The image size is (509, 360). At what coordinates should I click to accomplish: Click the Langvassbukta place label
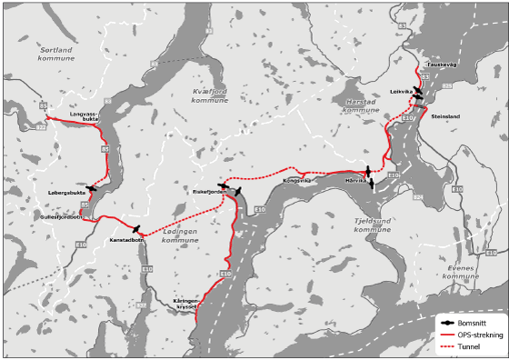pos(84,115)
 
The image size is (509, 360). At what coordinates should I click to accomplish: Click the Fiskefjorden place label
pos(209,192)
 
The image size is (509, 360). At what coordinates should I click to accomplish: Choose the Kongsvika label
pos(296,180)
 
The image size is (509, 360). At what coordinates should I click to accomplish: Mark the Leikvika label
pos(401,92)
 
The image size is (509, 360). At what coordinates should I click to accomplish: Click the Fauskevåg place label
pos(440,65)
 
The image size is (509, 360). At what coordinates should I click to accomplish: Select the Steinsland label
pos(445,116)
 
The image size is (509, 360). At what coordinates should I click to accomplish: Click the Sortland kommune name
pos(55,53)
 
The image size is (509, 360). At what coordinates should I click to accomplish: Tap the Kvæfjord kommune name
pos(211,95)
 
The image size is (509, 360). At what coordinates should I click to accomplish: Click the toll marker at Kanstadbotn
pos(136,229)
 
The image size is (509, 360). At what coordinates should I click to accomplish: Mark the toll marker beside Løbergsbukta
pos(92,188)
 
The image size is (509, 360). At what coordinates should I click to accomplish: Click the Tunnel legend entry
pos(470,346)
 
